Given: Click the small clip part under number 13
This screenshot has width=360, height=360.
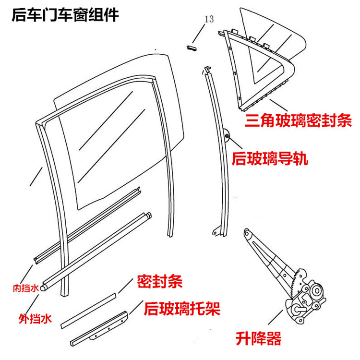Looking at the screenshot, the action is pos(192,46).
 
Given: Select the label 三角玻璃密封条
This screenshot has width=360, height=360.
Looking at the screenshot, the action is pos(299,120).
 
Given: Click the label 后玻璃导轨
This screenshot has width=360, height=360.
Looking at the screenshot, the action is pos(273,158).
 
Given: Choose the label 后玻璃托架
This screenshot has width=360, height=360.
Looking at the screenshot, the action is pos(182,308).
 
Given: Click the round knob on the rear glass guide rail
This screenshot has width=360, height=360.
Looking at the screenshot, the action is pos(226,135).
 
